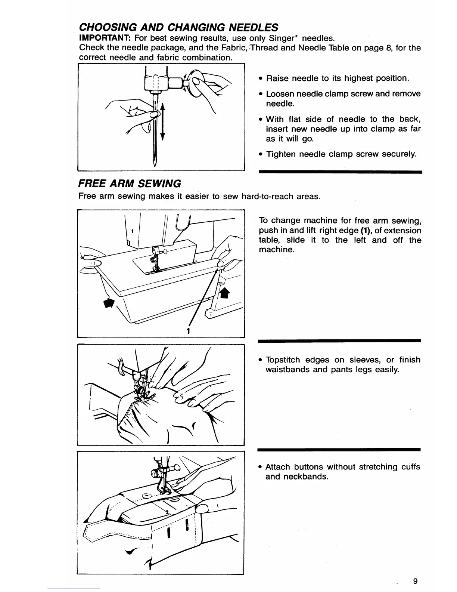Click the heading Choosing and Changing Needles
tap(178, 27)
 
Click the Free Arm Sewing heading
tap(130, 184)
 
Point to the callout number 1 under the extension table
tap(189, 330)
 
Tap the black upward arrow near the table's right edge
tap(225, 293)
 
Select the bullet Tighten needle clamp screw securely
tap(341, 154)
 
